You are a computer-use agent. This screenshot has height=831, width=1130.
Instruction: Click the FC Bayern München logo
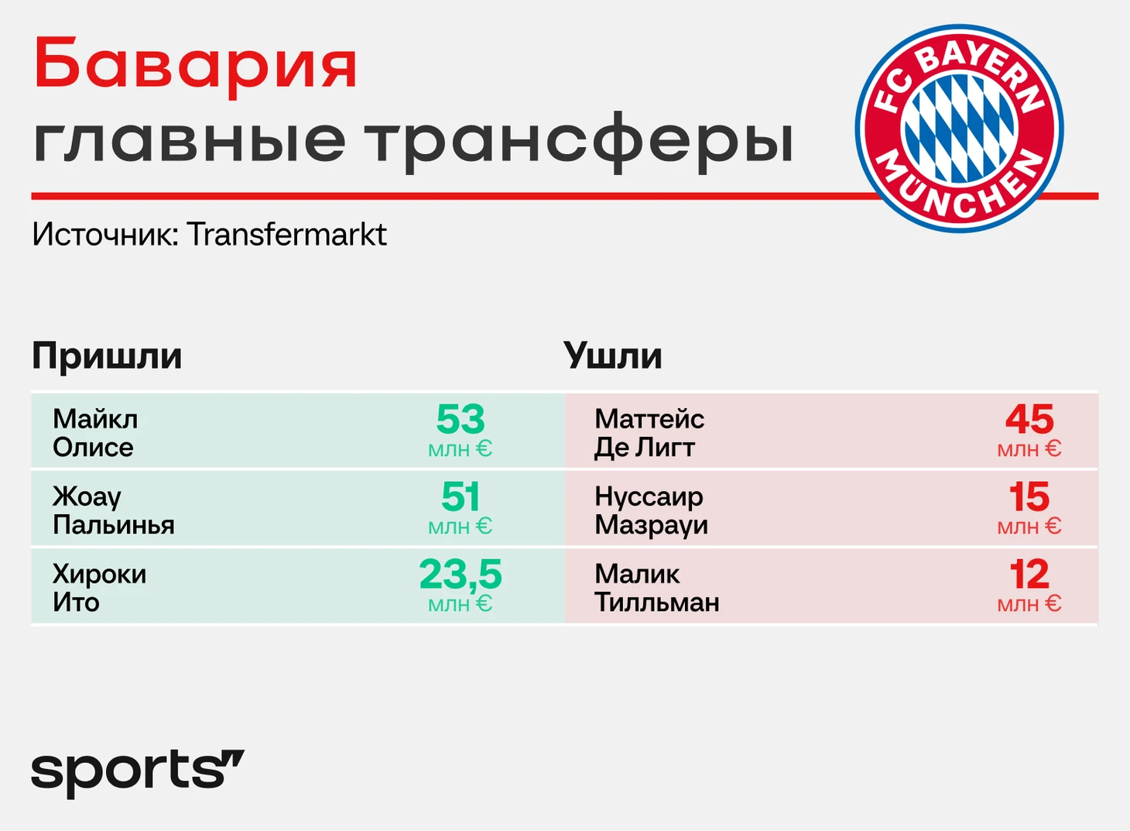pos(959,129)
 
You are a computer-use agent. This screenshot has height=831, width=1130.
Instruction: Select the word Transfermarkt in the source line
pos(286,235)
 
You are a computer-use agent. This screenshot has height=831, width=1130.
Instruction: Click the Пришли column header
pos(107,357)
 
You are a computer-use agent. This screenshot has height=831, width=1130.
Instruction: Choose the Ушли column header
pos(612,356)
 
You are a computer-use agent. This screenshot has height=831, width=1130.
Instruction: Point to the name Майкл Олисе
pos(95,433)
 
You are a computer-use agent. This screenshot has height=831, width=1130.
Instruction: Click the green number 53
pos(460,420)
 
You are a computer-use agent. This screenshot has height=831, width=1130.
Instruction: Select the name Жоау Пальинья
pos(114,510)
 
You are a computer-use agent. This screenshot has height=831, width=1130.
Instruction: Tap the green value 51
pos(460,496)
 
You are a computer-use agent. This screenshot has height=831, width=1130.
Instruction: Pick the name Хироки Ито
pos(99,588)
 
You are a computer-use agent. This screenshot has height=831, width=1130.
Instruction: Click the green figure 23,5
pos(460,575)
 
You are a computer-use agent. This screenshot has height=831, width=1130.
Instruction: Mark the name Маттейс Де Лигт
pos(649,433)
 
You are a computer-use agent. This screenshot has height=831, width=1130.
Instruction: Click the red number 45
pos(1029,420)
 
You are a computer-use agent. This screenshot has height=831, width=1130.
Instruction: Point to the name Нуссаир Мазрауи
pos(651,510)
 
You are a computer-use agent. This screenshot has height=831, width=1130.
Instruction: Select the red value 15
pos(1029,496)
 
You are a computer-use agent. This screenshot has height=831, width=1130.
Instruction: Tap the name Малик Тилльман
pos(657,588)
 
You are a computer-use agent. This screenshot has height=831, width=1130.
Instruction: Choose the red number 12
pos(1029,575)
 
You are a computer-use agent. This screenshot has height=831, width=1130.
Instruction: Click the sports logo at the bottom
pos(138,773)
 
